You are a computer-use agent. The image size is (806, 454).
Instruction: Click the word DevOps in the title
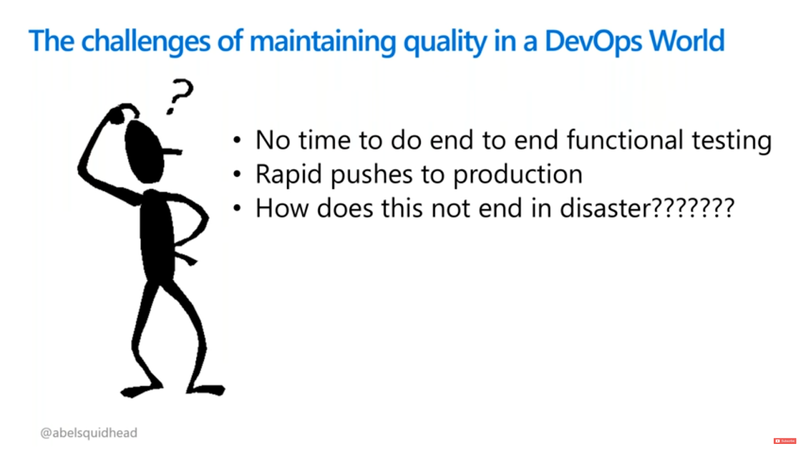[593, 41]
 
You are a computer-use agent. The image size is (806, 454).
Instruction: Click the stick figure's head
[144, 152]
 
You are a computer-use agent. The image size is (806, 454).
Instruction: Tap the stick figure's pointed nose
[173, 151]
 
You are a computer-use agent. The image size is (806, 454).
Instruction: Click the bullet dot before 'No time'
[237, 140]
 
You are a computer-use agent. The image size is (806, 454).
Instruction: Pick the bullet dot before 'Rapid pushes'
[237, 175]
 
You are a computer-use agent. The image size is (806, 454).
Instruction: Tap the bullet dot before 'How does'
[237, 208]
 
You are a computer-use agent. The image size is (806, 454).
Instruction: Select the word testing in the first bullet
[732, 141]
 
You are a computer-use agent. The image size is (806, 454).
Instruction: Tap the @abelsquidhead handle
[89, 433]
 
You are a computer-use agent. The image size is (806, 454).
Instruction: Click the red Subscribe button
[785, 441]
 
